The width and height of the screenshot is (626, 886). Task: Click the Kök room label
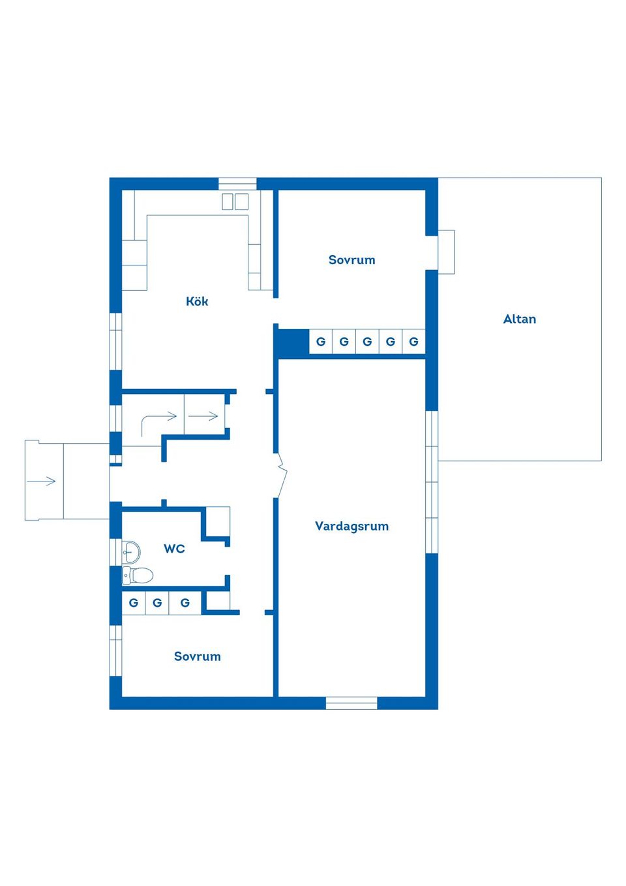tap(197, 301)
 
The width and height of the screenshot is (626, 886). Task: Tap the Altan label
tap(519, 319)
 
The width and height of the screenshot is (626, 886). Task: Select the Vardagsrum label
tap(351, 527)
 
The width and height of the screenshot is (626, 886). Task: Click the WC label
tap(174, 549)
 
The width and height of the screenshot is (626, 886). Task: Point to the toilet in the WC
tap(138, 575)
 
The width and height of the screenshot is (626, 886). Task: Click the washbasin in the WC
tap(131, 552)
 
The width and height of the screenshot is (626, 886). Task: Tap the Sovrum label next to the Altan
tap(351, 260)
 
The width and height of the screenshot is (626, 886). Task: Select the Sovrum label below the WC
tap(197, 656)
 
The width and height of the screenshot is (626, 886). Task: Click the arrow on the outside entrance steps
tap(41, 481)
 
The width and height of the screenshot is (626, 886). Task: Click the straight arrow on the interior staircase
tap(203, 416)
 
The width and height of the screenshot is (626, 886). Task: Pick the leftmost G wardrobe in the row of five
tap(321, 341)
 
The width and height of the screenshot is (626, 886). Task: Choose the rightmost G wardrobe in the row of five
tap(414, 341)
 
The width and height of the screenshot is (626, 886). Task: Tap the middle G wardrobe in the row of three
tap(157, 603)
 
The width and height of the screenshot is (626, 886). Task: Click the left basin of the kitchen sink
tap(227, 202)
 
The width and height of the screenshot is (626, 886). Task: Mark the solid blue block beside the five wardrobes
tap(291, 342)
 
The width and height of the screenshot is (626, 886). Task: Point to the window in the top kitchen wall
tap(237, 184)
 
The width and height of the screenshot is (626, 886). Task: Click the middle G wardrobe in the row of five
tap(367, 341)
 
